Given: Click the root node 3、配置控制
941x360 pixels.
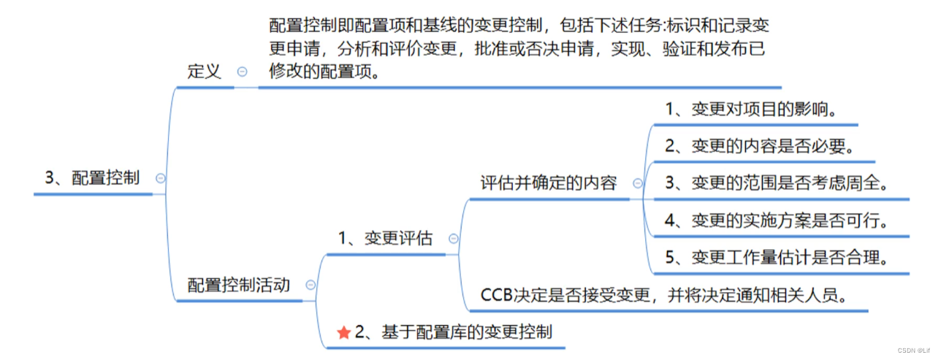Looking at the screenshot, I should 93,177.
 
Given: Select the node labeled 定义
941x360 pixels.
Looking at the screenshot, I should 205,72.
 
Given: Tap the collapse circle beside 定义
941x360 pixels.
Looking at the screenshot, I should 242,72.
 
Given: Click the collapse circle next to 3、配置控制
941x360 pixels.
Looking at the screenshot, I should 160,177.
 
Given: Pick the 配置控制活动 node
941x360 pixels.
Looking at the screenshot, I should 239,285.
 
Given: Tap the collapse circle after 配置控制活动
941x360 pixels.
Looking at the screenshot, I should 311,285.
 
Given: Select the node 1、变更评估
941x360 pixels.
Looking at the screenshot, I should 385,238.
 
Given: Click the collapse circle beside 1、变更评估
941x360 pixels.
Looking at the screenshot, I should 453,238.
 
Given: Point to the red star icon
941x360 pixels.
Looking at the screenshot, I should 344,332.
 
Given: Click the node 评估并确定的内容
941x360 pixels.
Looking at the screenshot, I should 549,183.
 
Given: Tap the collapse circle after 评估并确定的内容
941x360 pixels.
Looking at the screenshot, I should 637,183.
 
